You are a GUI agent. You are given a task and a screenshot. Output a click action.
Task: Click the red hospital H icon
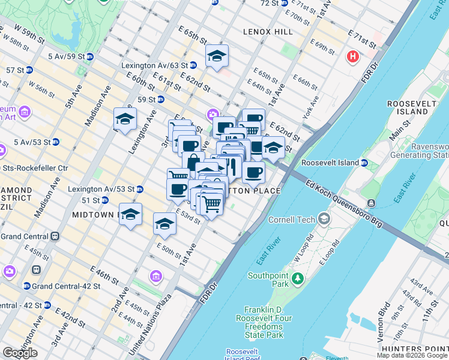[x=353, y=56]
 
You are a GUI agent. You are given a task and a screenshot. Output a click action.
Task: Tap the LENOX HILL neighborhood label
[x=268, y=31]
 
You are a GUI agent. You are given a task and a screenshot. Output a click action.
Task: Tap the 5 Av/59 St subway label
[x=66, y=56]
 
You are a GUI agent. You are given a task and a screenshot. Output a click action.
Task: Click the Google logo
[x=20, y=353]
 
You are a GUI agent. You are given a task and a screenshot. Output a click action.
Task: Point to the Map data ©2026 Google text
[x=412, y=355]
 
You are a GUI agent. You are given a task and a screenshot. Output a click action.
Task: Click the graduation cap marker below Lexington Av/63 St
[x=217, y=56]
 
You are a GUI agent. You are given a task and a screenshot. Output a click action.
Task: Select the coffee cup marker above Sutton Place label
[x=253, y=173]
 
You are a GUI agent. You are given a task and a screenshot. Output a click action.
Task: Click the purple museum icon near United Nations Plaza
[x=155, y=276]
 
